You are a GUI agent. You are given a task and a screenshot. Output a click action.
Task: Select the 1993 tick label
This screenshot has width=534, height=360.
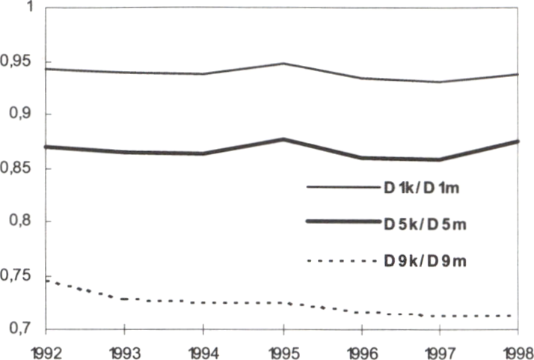coord(124,349)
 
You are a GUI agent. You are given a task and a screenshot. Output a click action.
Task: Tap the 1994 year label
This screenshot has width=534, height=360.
coord(203,349)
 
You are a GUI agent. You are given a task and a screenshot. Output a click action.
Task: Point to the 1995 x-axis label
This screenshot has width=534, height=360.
coord(283,349)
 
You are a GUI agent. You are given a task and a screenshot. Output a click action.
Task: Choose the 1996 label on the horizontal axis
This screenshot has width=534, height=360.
coord(361,349)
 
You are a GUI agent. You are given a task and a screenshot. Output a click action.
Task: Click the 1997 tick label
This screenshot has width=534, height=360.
coord(441,349)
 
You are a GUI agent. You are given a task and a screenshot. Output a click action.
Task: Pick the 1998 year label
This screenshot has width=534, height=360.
coord(517,349)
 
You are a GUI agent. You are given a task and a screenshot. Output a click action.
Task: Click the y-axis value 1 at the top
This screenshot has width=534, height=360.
coord(31,7)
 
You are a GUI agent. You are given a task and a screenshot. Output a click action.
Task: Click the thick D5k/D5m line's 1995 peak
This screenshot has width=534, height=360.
coord(283,139)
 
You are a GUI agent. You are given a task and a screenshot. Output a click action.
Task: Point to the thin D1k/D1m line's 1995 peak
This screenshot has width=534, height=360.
coord(283,64)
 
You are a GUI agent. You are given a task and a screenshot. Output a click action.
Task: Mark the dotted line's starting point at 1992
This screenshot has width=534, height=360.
coord(46,280)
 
